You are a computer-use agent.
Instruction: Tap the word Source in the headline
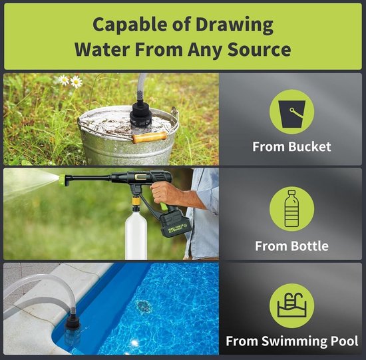point(259,49)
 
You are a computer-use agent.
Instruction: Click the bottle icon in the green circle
point(291,208)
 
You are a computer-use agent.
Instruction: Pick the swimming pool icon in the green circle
point(291,305)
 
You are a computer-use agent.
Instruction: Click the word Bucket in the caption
point(309,147)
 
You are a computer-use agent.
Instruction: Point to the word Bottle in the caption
point(309,246)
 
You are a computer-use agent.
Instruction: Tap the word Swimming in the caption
point(295,341)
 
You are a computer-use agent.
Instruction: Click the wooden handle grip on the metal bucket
point(150,137)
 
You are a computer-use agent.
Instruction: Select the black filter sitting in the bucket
point(141,114)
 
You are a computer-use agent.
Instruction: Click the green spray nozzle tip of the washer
point(63,180)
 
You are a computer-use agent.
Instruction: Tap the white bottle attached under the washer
point(136,235)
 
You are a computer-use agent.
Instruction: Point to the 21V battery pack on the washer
point(175,224)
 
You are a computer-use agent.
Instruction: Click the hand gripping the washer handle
point(166,193)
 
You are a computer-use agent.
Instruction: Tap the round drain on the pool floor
point(143,306)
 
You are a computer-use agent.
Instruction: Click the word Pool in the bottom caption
point(345,341)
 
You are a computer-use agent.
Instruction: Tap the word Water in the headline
point(102,49)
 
